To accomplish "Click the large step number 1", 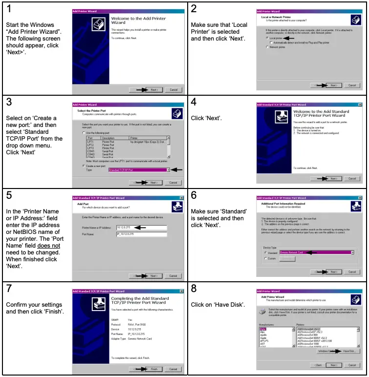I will (9, 8).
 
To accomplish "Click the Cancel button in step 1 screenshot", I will (173, 90).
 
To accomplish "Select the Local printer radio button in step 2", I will (267, 38).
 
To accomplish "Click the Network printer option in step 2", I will (267, 47).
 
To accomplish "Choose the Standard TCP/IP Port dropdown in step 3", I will (139, 170).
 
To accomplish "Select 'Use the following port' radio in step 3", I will (83, 133).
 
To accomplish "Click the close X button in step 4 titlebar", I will (360, 105).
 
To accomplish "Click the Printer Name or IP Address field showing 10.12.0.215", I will (141, 228).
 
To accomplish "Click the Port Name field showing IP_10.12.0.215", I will (141, 234).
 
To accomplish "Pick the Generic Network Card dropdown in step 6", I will (317, 252).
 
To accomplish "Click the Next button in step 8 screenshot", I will (333, 365).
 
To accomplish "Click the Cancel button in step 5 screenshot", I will (173, 275).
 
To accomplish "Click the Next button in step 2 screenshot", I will (333, 85).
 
